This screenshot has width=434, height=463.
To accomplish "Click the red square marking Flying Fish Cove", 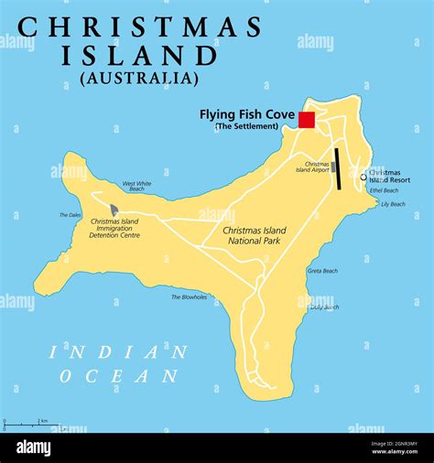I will [x=307, y=120].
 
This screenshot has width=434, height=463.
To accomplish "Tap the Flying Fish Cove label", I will [x=247, y=114].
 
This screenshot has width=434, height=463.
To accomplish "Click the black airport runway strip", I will [x=338, y=169].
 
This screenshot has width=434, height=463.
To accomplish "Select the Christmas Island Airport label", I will [x=312, y=166].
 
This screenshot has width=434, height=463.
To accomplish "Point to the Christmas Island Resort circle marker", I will [x=363, y=178].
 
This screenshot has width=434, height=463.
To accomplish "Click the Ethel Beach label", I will [x=384, y=190].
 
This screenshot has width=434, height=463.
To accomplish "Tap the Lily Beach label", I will [x=392, y=204].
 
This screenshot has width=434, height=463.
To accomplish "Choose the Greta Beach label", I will [x=322, y=271].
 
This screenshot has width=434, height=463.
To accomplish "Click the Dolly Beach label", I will [x=323, y=307].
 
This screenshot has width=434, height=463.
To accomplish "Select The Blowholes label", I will [x=189, y=296].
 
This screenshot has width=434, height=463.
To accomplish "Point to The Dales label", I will [x=71, y=216].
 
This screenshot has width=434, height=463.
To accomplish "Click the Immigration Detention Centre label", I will [x=115, y=228].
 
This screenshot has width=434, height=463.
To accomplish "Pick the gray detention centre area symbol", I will [x=114, y=210].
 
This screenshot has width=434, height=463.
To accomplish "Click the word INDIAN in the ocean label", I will [x=119, y=351].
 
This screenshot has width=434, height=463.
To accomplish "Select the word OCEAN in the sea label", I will [x=119, y=375].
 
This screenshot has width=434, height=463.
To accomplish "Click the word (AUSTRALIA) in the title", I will [x=139, y=79].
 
